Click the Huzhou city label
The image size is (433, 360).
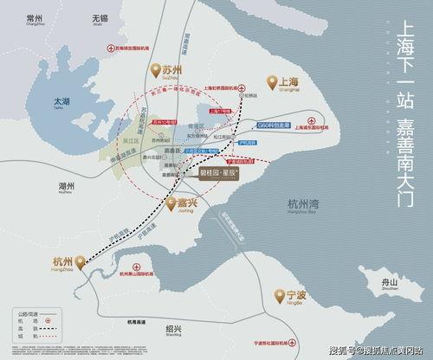43,210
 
